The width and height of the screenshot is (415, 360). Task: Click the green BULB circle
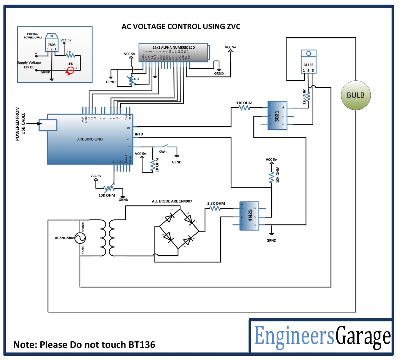pos(356,95)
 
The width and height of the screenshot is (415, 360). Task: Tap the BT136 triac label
pos(308,65)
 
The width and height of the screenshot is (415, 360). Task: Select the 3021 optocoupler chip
pos(277,116)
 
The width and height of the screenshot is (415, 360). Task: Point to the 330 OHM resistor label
pos(244,103)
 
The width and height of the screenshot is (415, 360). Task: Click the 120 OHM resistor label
pos(304,96)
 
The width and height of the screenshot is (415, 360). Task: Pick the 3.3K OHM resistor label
pos(216,203)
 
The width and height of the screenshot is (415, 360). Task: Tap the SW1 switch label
pos(163,152)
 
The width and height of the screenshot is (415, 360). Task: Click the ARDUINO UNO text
pos(90,139)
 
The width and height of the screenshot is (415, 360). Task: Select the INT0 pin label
pos(139,134)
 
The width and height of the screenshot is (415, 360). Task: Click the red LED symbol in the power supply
pos(71,70)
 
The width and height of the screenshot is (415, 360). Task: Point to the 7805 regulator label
pos(52,45)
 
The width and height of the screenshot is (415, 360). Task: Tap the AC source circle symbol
pos(80,238)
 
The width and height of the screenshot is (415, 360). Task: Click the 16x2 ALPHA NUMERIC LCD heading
pos(173,47)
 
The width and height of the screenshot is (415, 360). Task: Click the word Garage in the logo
pos(363,336)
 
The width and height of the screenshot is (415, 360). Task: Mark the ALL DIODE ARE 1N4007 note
pos(172,201)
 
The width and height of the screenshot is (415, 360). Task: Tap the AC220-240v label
pos(64,238)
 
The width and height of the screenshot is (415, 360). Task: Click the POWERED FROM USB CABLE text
pos(20,124)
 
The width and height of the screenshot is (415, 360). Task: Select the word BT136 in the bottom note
pos(142,345)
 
